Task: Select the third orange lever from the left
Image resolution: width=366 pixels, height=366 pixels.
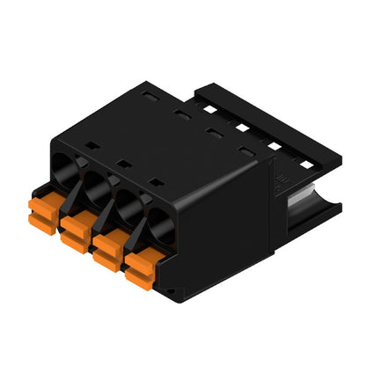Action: point(106,247)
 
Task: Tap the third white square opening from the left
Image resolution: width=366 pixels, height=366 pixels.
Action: point(270,145)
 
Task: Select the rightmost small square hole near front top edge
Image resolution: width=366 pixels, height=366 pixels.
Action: point(156,182)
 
